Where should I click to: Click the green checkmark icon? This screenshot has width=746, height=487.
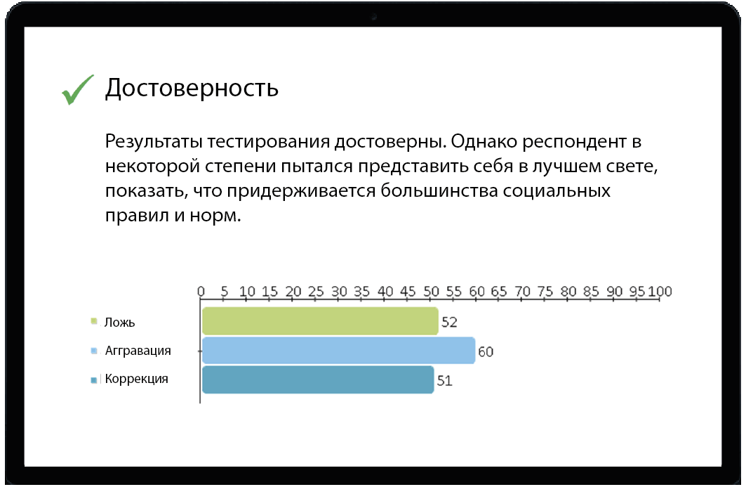coord(78,89)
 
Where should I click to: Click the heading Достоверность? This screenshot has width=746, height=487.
coord(192,89)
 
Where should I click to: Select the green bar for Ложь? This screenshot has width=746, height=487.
coord(320,321)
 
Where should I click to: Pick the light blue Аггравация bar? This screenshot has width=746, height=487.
coord(339,351)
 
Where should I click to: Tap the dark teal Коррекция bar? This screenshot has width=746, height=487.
coord(318,379)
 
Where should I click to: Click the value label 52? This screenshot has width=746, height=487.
coord(449,322)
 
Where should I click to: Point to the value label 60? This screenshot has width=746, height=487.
coord(486,351)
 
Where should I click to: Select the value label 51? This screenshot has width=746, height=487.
coord(445,380)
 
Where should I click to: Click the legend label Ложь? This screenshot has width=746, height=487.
coord(120,323)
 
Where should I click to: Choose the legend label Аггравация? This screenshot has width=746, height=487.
coord(138,351)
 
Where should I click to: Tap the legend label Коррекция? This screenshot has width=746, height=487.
coord(137,379)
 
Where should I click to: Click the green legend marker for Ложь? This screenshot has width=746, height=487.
coord(94,322)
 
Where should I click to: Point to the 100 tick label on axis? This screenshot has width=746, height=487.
coord(660,291)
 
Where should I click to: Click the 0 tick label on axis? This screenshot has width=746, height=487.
coord(201,291)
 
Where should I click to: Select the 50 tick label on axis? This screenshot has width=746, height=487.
coord(431,291)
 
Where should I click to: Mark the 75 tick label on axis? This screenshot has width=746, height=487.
coord(546,291)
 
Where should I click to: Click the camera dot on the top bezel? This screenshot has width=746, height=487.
coord(374,17)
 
